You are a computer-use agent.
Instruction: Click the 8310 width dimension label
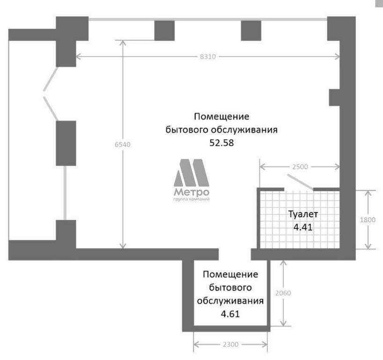tap(208, 57)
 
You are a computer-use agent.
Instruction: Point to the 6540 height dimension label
tap(123, 144)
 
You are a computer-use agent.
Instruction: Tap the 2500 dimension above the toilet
tap(300, 167)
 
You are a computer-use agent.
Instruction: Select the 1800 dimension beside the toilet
tap(368, 220)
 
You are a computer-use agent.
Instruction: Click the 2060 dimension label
tap(283, 293)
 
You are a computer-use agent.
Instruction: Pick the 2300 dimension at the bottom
tap(230, 345)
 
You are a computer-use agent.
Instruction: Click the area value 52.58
tap(221, 142)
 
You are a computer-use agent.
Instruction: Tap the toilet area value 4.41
tap(303, 227)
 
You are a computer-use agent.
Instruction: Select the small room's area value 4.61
tap(230, 314)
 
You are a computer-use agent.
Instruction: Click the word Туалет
tap(303, 214)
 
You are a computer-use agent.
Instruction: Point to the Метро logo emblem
tap(191, 172)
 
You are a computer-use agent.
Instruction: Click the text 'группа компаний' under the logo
tap(191, 199)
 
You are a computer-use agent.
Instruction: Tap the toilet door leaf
tap(300, 182)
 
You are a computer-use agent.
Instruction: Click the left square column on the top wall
tap(164, 30)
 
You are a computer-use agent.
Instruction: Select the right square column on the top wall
tap(251, 30)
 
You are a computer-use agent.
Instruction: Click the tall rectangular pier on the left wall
tap(66, 143)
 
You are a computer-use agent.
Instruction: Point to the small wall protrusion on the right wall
tap(334, 97)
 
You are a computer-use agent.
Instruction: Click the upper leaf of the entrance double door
tap(51, 79)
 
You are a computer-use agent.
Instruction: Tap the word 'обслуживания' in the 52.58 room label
tap(244, 130)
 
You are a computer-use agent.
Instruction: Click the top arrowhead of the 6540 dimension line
tap(123, 43)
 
